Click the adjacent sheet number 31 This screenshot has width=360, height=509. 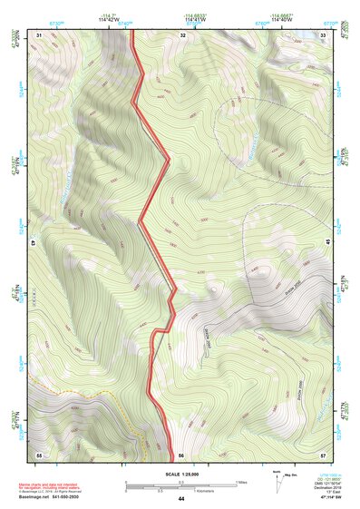(39, 34)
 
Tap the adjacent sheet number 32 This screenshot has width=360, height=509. (183, 34)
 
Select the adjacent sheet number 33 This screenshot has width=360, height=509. (324, 34)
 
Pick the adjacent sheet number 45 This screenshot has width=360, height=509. (328, 241)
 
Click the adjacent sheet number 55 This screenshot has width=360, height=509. (39, 454)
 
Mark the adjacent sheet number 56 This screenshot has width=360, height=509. (181, 454)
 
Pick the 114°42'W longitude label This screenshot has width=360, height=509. (114, 22)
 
